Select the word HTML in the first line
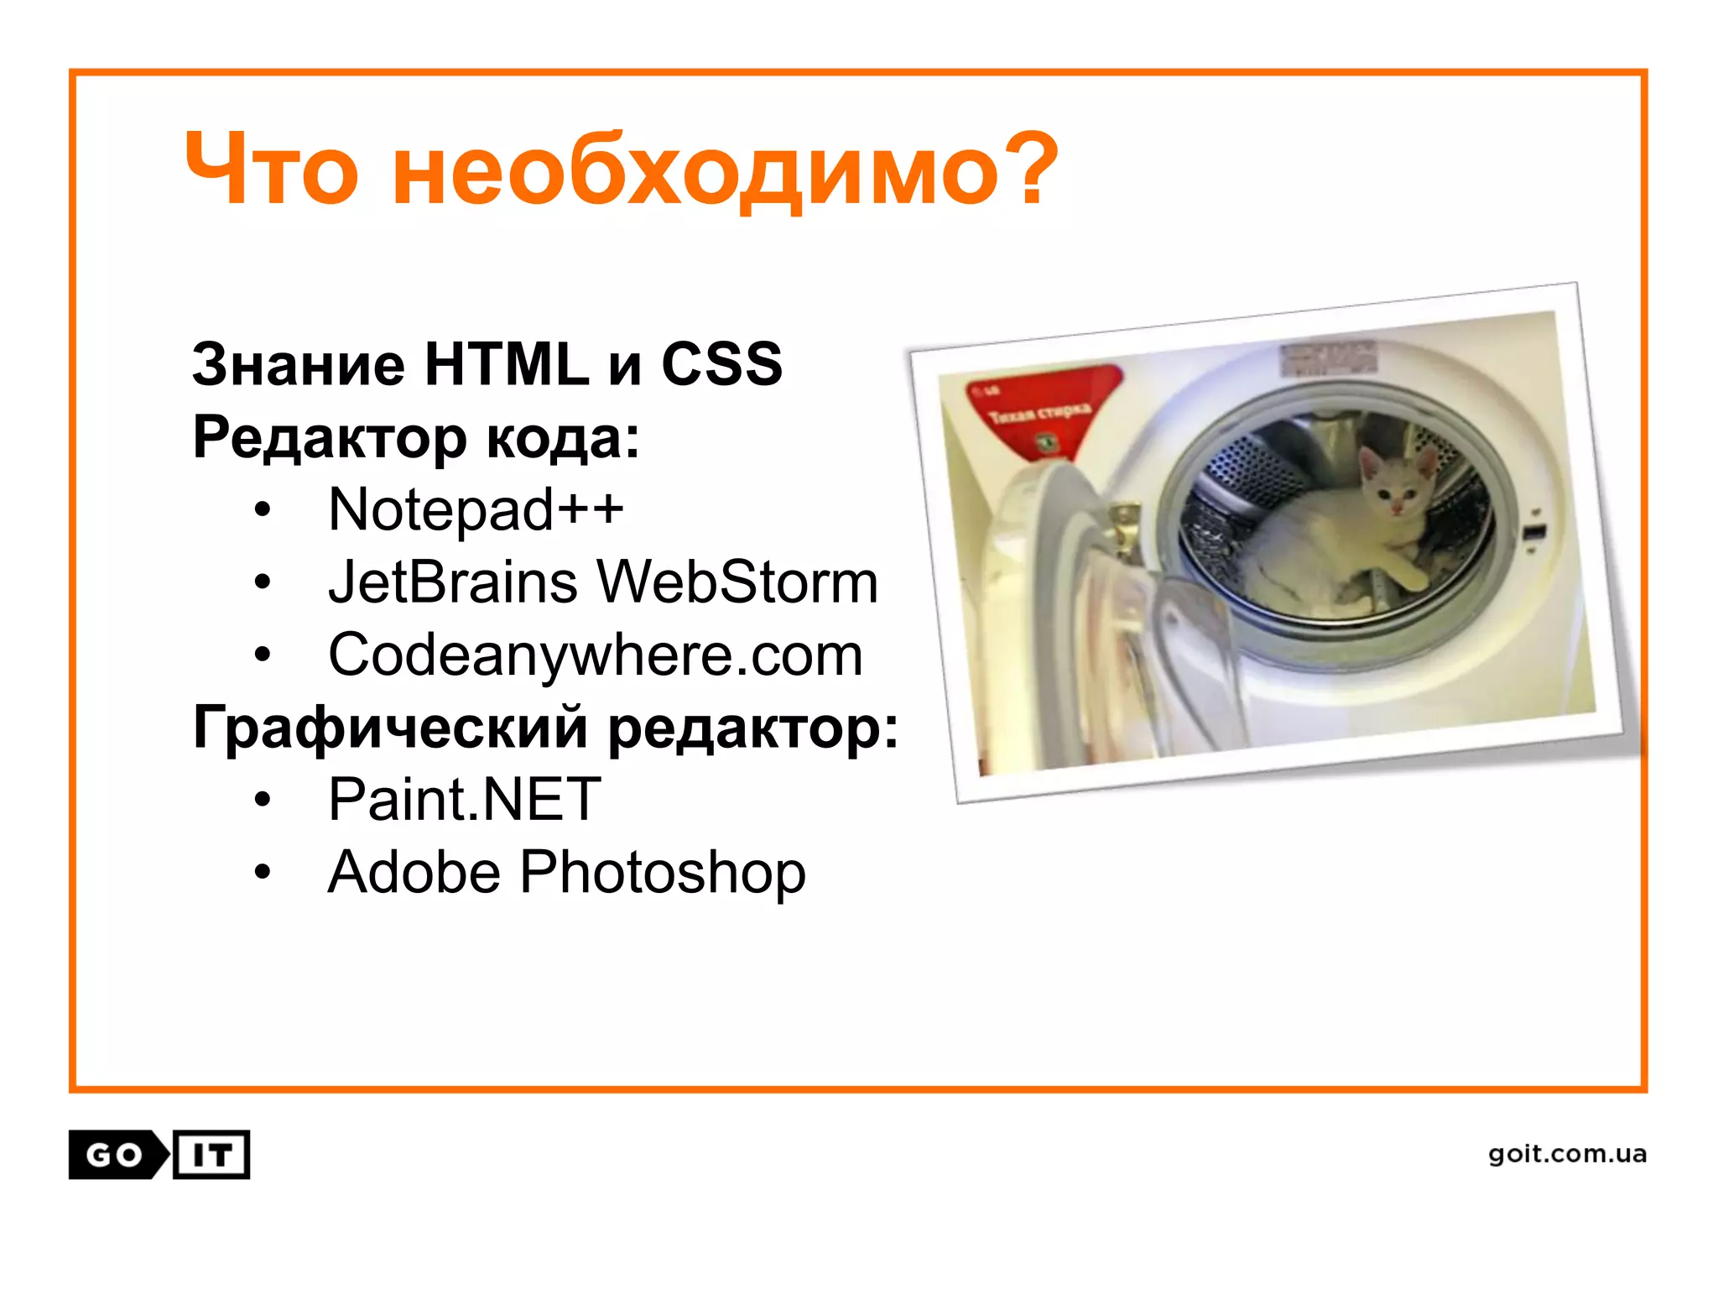click(x=507, y=365)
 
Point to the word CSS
click(x=721, y=365)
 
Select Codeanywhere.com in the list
click(x=595, y=655)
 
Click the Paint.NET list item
click(x=464, y=799)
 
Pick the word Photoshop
click(x=663, y=873)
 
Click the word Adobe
click(x=414, y=873)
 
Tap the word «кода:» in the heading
click(x=563, y=437)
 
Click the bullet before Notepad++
click(x=263, y=510)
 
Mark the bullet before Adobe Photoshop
click(x=263, y=873)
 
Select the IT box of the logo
click(x=211, y=1156)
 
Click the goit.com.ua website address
click(x=1567, y=1155)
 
